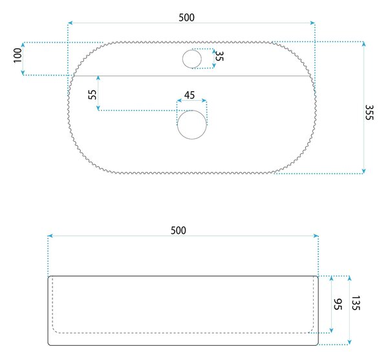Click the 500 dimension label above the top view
pyautogui.click(x=187, y=17)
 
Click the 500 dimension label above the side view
pyautogui.click(x=178, y=231)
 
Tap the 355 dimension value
pyautogui.click(x=369, y=112)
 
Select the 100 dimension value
pyautogui.click(x=18, y=56)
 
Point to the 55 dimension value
pyautogui.click(x=92, y=94)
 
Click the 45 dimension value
pyautogui.click(x=189, y=95)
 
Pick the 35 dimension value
pyautogui.click(x=219, y=56)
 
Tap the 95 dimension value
pyautogui.click(x=338, y=304)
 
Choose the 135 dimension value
pyautogui.click(x=356, y=303)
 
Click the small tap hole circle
pyautogui.click(x=192, y=59)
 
